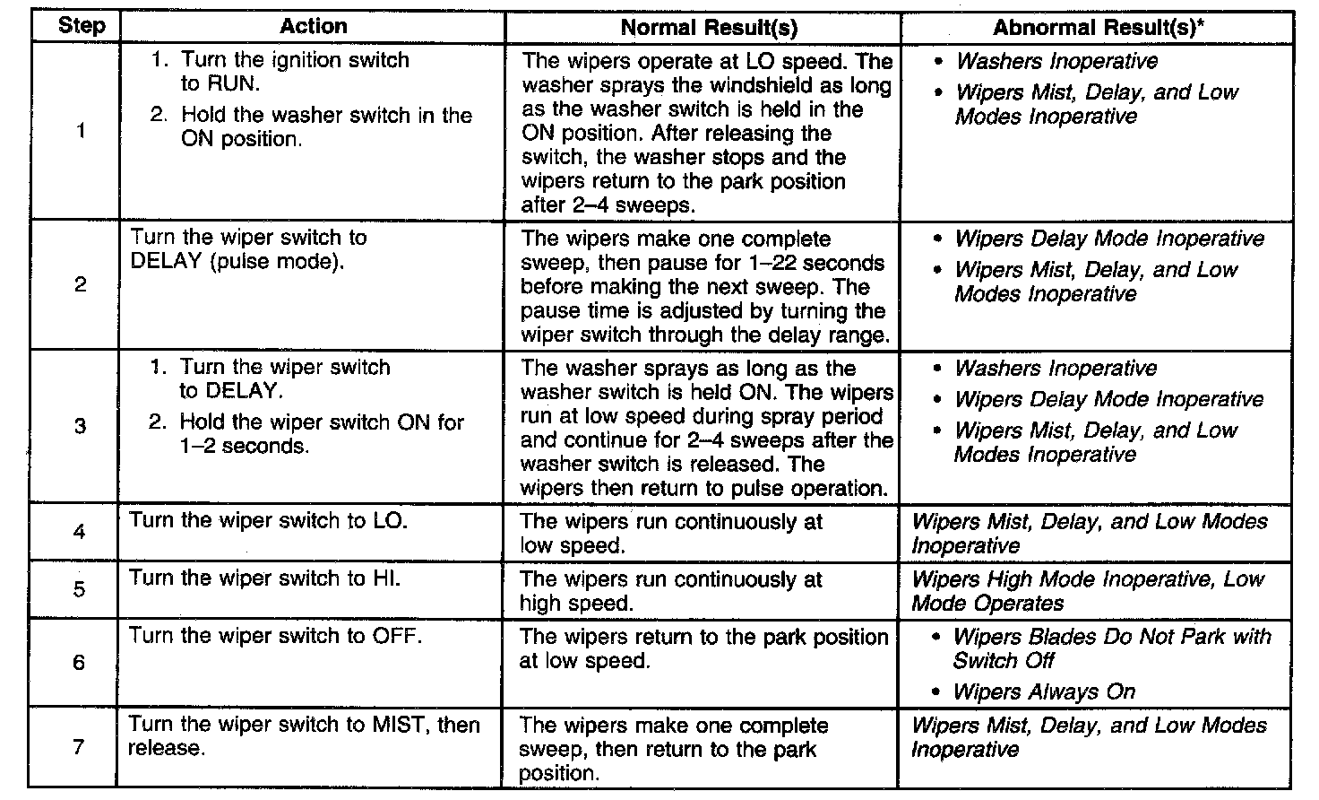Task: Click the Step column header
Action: [x=81, y=25]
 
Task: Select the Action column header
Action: [x=313, y=26]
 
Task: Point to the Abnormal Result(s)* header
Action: [x=1099, y=28]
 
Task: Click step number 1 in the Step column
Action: [x=82, y=131]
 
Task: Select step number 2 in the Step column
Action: [x=81, y=285]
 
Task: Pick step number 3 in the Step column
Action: [x=81, y=425]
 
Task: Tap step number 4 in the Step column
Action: [x=80, y=532]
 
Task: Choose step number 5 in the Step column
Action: [x=80, y=589]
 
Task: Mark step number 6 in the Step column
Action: [x=79, y=662]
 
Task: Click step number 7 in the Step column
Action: [x=79, y=746]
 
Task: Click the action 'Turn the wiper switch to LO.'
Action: [x=268, y=520]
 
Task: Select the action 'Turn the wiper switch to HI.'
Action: [x=264, y=578]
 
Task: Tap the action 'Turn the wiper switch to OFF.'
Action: [x=275, y=635]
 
